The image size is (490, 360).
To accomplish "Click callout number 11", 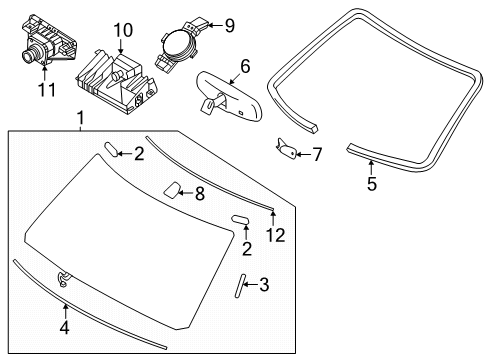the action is (x=47, y=89).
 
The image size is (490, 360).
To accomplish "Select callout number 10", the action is (x=123, y=30).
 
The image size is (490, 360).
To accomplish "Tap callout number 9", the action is (x=229, y=26).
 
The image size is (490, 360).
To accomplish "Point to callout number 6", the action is (x=245, y=66).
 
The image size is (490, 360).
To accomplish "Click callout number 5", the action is (x=372, y=184).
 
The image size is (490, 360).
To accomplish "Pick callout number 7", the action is (x=317, y=154).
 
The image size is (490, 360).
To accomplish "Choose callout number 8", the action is (x=200, y=193).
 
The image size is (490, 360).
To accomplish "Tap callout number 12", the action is (x=276, y=235).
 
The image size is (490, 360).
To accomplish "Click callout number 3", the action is (x=264, y=285).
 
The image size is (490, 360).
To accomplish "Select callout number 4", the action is (x=65, y=327).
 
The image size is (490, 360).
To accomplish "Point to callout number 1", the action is (x=80, y=118).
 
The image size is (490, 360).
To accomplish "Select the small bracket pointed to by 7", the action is (x=286, y=148).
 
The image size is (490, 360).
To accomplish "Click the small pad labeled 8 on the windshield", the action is (x=172, y=190).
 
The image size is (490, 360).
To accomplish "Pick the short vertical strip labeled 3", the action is (x=240, y=286).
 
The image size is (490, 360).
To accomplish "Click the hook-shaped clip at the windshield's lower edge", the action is (x=63, y=279).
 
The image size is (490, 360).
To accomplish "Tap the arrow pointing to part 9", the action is (x=215, y=25).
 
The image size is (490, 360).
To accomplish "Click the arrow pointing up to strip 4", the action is (x=66, y=312).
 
